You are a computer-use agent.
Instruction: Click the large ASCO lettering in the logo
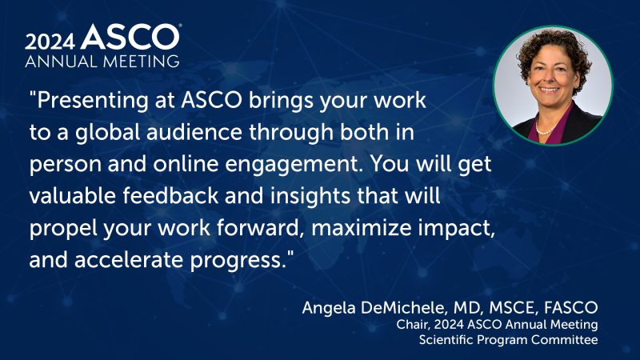(131, 37)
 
